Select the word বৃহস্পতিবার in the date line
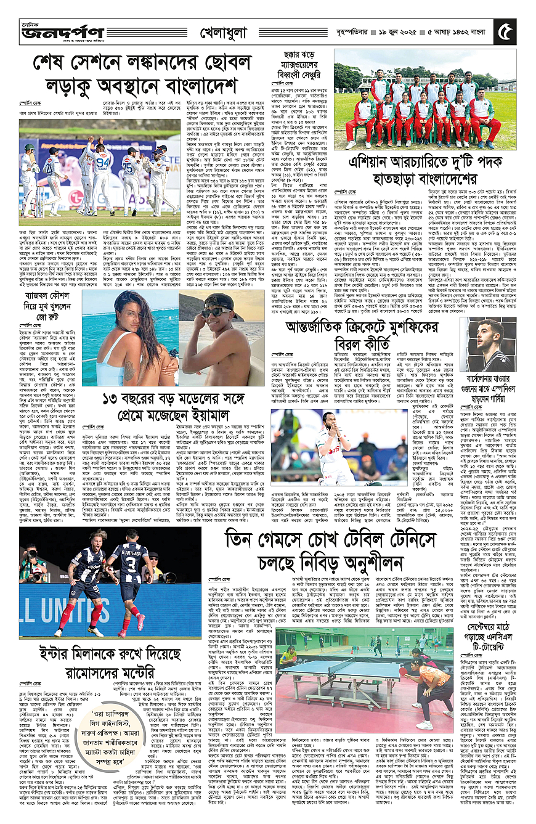coord(346,31)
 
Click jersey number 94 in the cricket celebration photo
coord(103,163)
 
